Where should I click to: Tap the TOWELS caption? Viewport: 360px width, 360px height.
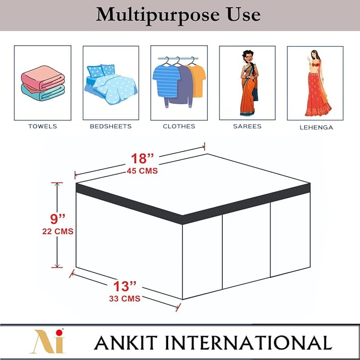43,126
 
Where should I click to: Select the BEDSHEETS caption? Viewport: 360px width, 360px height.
111,126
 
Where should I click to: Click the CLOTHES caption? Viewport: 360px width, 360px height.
179,126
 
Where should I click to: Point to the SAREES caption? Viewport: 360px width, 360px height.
247,126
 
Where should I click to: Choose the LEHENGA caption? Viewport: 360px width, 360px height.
317,127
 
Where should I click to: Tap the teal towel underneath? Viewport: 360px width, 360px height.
43,93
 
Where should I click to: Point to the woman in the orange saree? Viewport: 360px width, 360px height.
249,83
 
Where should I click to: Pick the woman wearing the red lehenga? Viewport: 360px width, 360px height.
318,83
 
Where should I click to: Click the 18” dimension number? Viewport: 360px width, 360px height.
142,158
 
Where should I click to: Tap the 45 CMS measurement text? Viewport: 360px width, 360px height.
142,171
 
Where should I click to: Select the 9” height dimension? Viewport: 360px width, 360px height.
58,219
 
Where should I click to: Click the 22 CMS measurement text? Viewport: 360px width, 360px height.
58,231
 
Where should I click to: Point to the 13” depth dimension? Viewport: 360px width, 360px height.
125,286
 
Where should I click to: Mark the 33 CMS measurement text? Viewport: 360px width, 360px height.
125,298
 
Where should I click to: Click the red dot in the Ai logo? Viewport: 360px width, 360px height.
59,333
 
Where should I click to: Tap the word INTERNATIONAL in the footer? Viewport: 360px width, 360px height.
249,343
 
